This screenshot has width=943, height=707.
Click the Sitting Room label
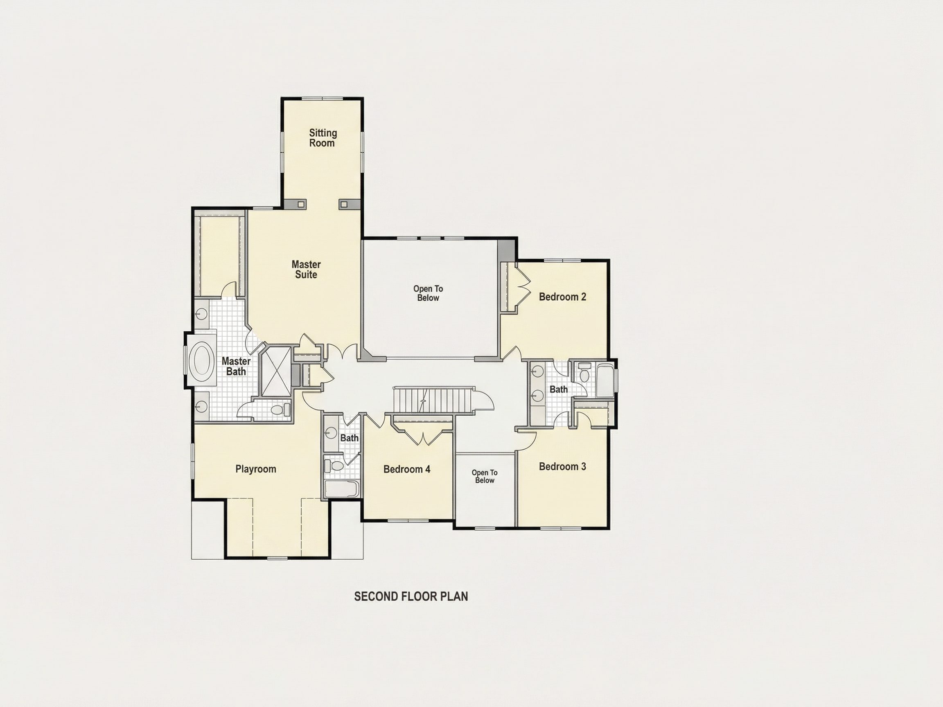(323, 138)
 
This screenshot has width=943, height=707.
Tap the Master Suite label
(306, 269)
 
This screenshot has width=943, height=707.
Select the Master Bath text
(236, 367)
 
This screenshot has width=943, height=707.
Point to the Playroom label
(256, 469)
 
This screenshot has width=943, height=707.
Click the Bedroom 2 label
(562, 297)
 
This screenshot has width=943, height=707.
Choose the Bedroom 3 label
(562, 467)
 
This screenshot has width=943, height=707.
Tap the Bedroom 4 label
(407, 469)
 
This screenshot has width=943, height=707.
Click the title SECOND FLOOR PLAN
(411, 597)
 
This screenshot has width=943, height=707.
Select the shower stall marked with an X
(275, 371)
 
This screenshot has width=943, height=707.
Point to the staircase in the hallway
(433, 400)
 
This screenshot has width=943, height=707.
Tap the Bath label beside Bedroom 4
(349, 438)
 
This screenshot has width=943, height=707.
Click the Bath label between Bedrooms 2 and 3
(558, 390)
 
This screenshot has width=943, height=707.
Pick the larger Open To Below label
(428, 293)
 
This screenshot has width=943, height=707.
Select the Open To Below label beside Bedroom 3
(484, 476)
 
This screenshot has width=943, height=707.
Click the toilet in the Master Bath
(280, 410)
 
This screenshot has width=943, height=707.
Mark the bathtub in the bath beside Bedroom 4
(342, 489)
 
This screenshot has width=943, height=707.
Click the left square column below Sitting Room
(301, 204)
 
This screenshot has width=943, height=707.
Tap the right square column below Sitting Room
(344, 204)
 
